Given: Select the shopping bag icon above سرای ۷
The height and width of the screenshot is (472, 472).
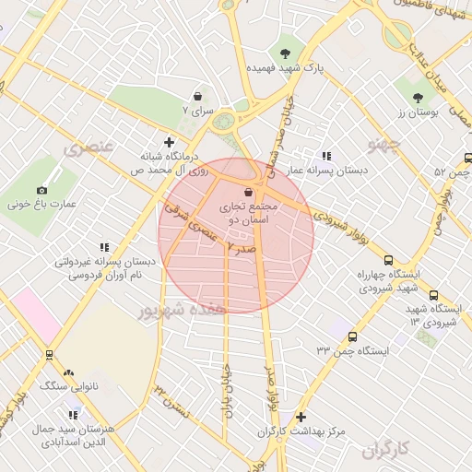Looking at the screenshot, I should point(197,95).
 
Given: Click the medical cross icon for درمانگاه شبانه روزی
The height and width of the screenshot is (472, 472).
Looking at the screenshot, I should point(168,141).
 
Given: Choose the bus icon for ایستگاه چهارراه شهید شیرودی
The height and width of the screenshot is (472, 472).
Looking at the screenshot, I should point(388,261).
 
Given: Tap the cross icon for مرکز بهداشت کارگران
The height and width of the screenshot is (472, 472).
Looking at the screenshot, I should point(301,417).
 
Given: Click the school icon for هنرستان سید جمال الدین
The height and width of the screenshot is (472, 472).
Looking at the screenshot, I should point(46,415).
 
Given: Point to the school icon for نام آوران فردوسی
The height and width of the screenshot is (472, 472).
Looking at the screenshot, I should point(103,247).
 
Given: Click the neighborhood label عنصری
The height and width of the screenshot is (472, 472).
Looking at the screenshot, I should point(89,147).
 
